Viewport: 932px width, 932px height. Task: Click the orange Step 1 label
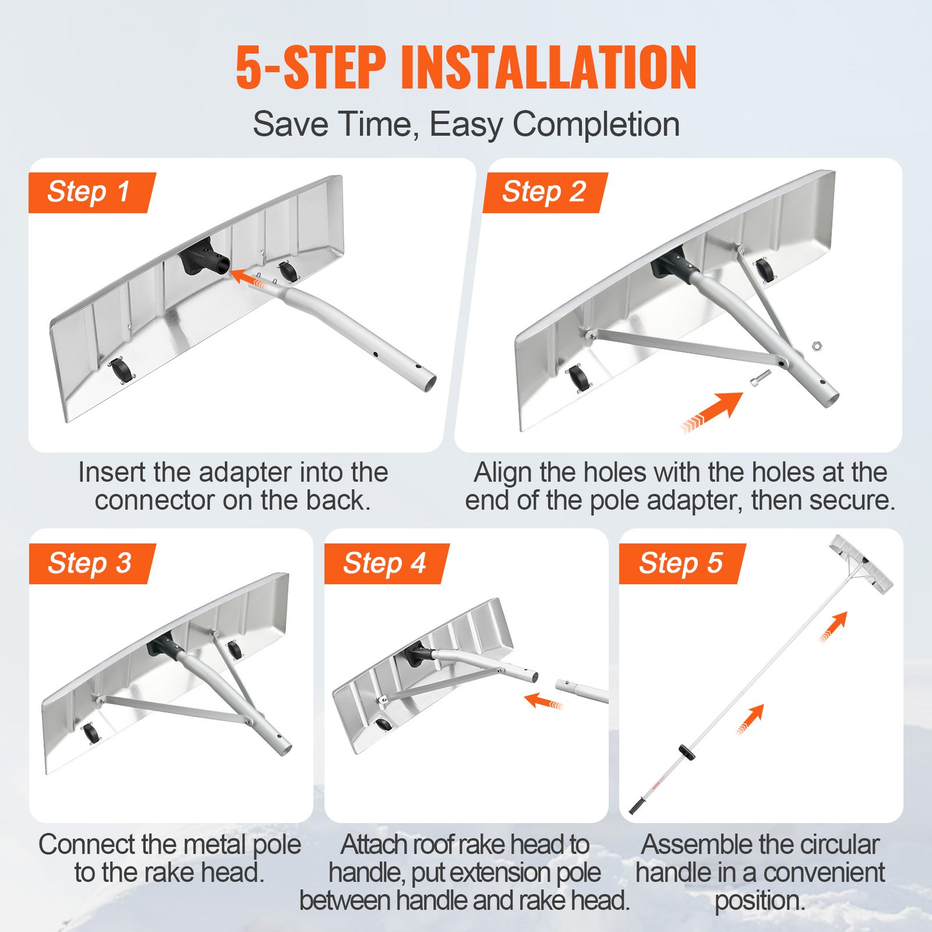point(90,192)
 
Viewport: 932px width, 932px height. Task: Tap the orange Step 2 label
point(545,192)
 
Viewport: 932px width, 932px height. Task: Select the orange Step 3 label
point(90,563)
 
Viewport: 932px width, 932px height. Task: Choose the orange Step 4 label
point(386,563)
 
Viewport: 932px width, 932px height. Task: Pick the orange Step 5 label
point(682,563)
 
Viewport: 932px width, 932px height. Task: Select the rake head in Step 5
point(861,562)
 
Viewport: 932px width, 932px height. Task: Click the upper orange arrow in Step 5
point(834,627)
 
